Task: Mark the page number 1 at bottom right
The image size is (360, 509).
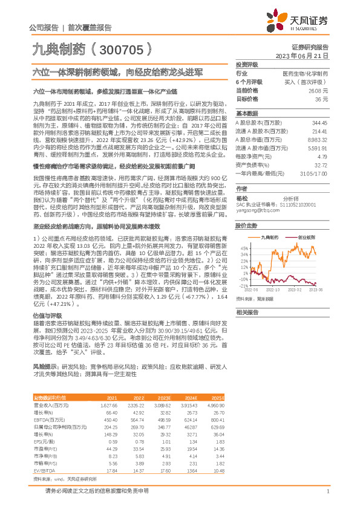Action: pos(327,490)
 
